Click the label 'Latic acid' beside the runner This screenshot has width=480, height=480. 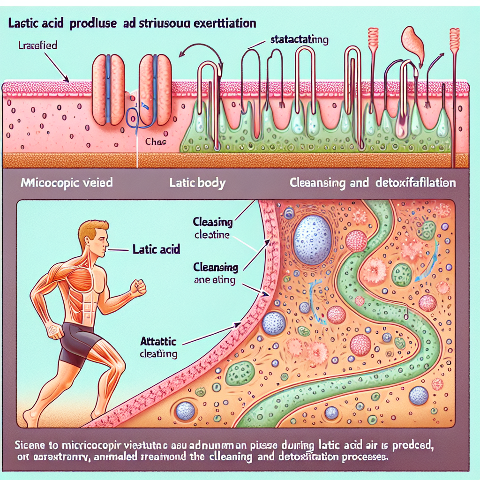pyautogui.click(x=156, y=250)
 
